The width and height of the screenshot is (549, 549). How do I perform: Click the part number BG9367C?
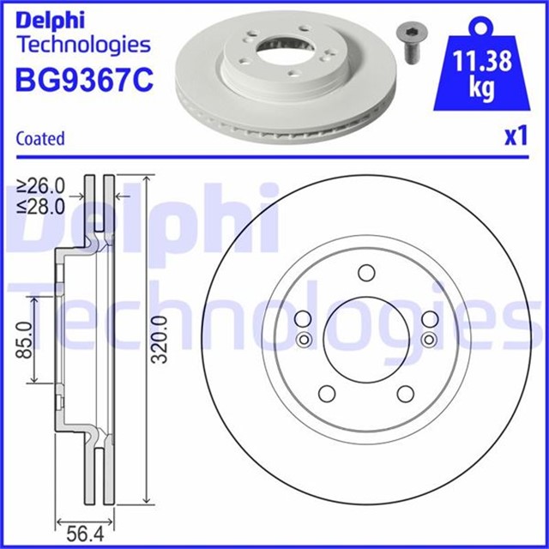[84, 80]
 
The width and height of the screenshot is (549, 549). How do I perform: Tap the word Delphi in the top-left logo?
[51, 21]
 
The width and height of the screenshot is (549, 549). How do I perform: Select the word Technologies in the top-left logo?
[84, 45]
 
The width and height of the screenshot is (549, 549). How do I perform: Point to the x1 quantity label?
[516, 136]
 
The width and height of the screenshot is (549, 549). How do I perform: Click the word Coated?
[40, 139]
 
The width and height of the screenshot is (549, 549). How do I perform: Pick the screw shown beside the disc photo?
[412, 44]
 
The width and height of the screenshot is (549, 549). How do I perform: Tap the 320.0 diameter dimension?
[160, 339]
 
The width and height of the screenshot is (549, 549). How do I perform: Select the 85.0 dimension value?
[25, 340]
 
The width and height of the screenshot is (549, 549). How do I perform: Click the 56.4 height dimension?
[85, 534]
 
